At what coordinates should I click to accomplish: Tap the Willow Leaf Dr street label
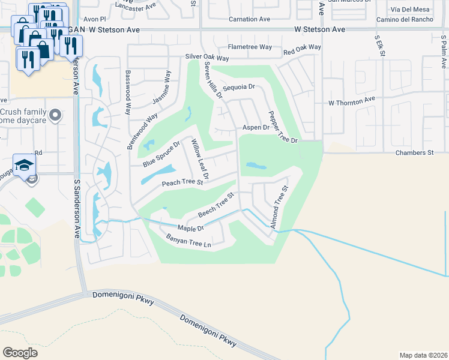tap(199, 160)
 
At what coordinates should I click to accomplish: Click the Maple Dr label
tap(192, 228)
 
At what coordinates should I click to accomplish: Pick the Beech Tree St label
tap(215, 205)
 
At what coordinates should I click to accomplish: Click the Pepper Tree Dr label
tap(283, 127)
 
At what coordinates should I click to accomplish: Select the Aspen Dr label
tap(256, 127)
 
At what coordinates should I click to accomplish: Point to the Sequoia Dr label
tap(239, 87)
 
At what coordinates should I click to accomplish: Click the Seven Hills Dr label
tap(213, 83)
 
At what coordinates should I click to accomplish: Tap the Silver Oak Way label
tap(207, 58)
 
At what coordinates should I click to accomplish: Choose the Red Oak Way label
tap(302, 47)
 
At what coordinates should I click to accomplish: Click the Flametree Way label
tap(250, 47)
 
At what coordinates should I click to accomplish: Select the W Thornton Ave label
tap(351, 103)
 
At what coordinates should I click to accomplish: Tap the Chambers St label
tap(414, 153)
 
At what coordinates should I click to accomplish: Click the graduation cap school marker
tap(25, 165)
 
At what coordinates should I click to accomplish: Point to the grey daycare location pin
tap(56, 114)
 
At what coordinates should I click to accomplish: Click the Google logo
tap(20, 352)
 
